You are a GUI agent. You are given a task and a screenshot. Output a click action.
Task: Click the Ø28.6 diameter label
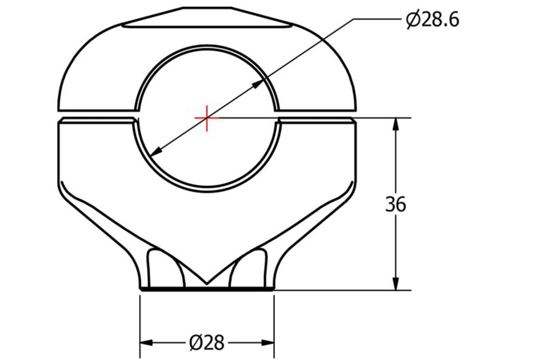pos(432,20)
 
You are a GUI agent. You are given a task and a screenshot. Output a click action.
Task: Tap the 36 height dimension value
pos(395,204)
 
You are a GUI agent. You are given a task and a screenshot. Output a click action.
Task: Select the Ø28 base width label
pos(207,343)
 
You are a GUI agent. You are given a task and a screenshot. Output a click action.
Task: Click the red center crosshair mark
pos(207,118)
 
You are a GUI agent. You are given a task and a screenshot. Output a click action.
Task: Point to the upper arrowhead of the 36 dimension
pos(396,124)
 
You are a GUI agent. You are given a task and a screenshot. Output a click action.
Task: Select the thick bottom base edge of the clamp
pos(207,289)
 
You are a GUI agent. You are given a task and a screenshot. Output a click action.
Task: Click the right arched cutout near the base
pos(248,268)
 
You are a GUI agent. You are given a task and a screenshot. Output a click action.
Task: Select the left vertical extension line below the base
pos(140,324)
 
